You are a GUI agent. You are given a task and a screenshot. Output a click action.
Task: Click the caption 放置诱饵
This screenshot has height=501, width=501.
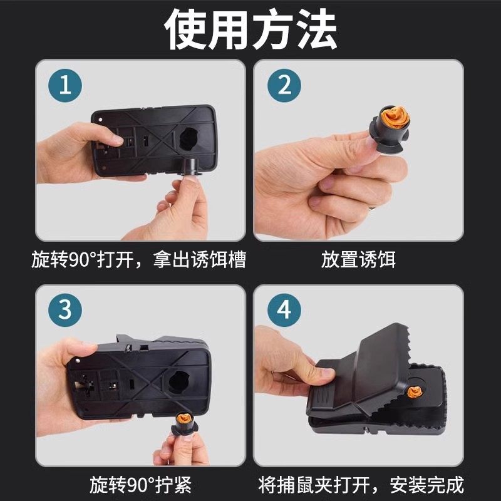(359, 259)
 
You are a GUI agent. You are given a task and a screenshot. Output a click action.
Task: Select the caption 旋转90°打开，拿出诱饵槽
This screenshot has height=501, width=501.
(138, 259)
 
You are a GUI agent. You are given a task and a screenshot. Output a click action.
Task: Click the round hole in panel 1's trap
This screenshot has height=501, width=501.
(188, 136)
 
